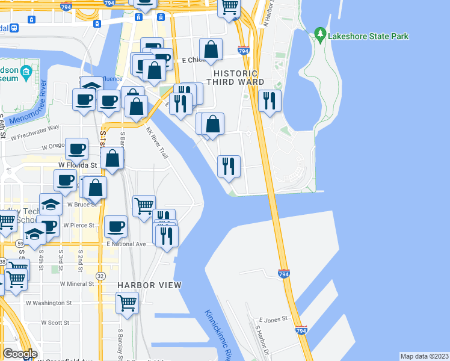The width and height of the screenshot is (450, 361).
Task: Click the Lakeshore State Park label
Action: pos(368,36)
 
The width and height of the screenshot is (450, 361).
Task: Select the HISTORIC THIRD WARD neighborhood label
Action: pos(235,76)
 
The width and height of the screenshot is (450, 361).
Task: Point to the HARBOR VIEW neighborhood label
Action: pos(149,285)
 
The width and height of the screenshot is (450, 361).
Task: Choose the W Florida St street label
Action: pos(78,164)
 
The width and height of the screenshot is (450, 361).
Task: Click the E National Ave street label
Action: pos(126,244)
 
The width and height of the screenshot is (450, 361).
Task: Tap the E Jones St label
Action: pos(274,320)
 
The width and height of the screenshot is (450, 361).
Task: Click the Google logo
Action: pos(20,354)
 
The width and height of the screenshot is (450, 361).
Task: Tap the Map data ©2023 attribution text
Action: pos(424,356)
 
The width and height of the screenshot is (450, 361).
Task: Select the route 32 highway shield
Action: pos(100,276)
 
